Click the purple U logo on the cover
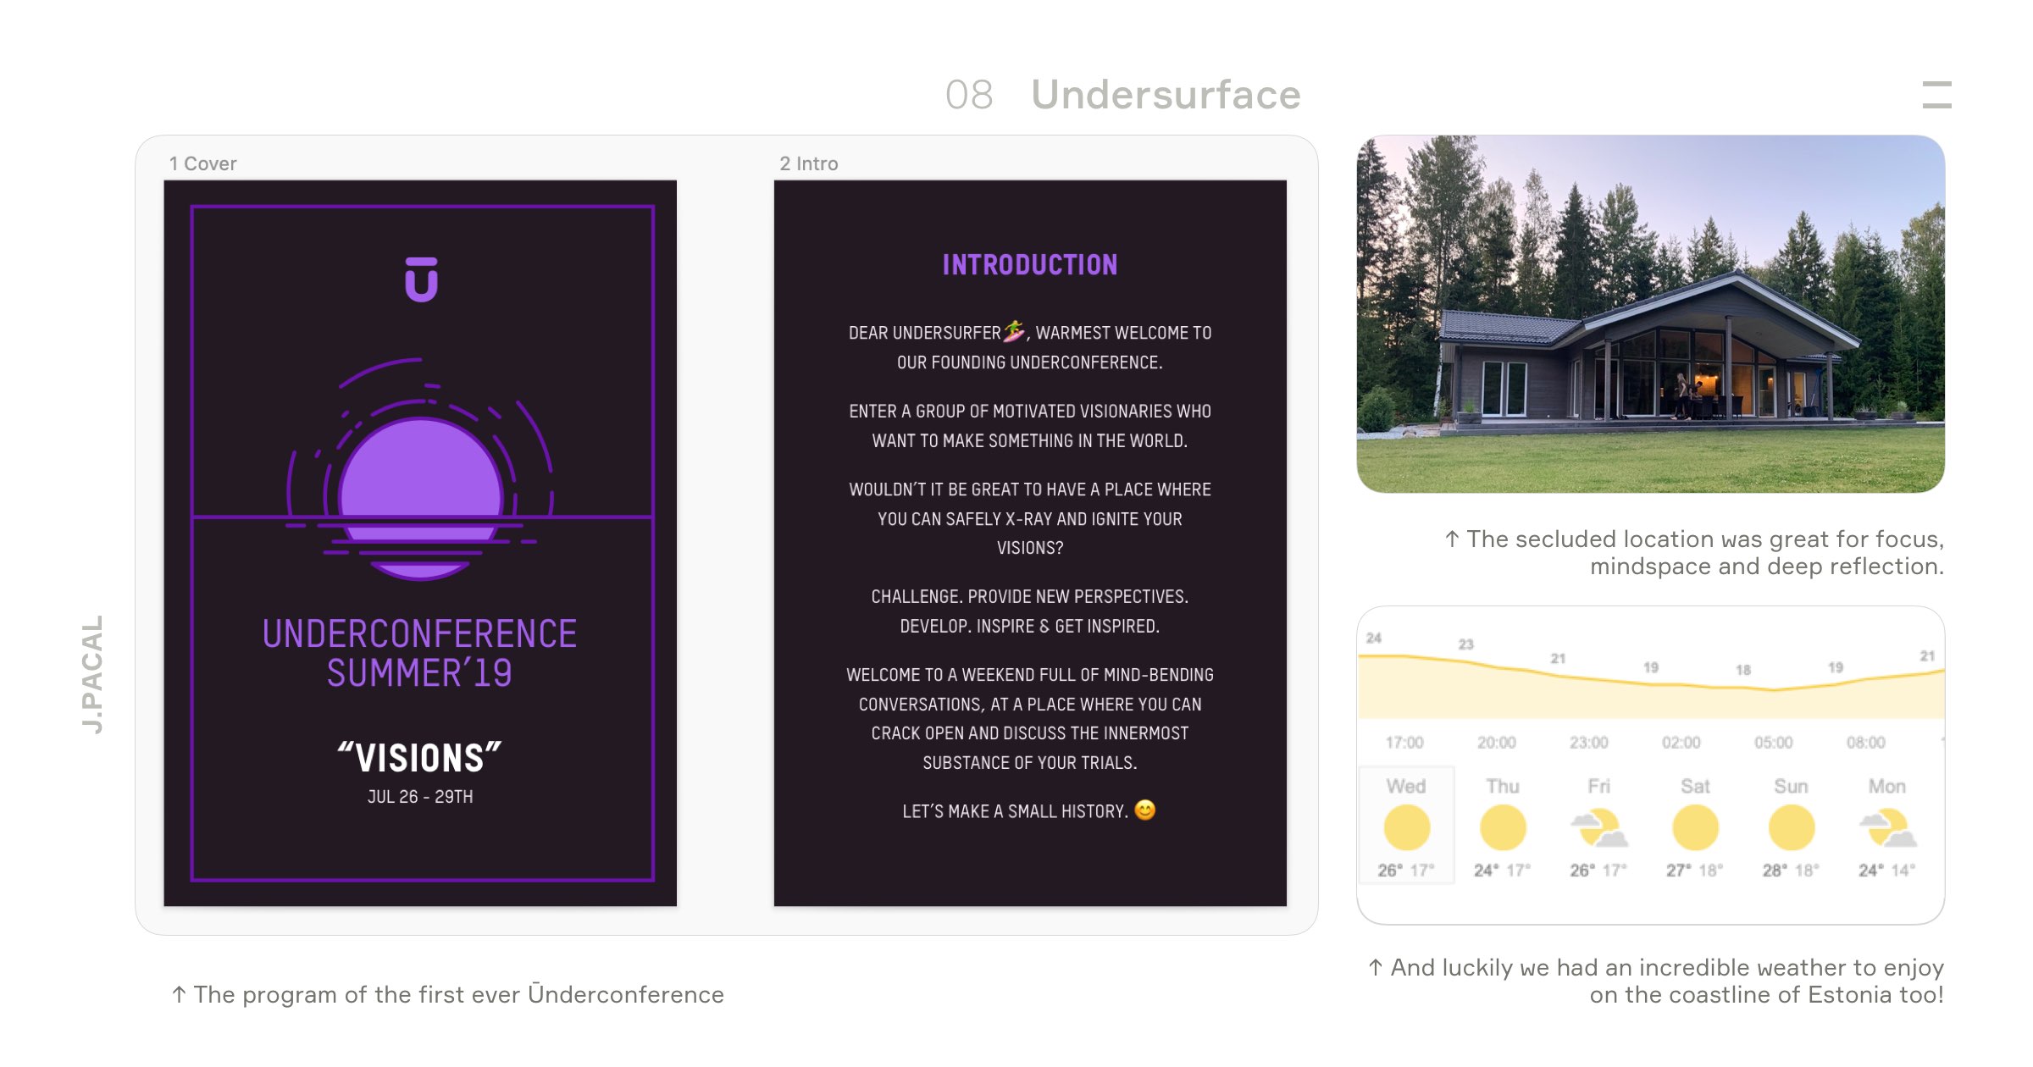coord(421,279)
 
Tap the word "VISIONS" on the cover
coord(420,758)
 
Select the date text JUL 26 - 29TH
coord(420,797)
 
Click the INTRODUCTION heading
coord(1030,265)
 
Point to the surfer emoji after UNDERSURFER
coord(1014,331)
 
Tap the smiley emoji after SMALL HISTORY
coord(1144,810)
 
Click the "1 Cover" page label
coord(202,163)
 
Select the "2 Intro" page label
coord(809,163)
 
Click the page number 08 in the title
coord(969,95)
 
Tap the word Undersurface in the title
coord(1166,95)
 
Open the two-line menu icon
coord(1936,95)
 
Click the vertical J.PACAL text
coord(92,674)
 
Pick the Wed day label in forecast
coord(1406,787)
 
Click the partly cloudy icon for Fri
coord(1598,829)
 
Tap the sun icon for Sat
coord(1695,828)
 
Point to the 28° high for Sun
coord(1775,871)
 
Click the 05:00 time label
coord(1773,743)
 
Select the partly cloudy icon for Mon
coord(1887,829)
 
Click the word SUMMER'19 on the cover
coord(419,674)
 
